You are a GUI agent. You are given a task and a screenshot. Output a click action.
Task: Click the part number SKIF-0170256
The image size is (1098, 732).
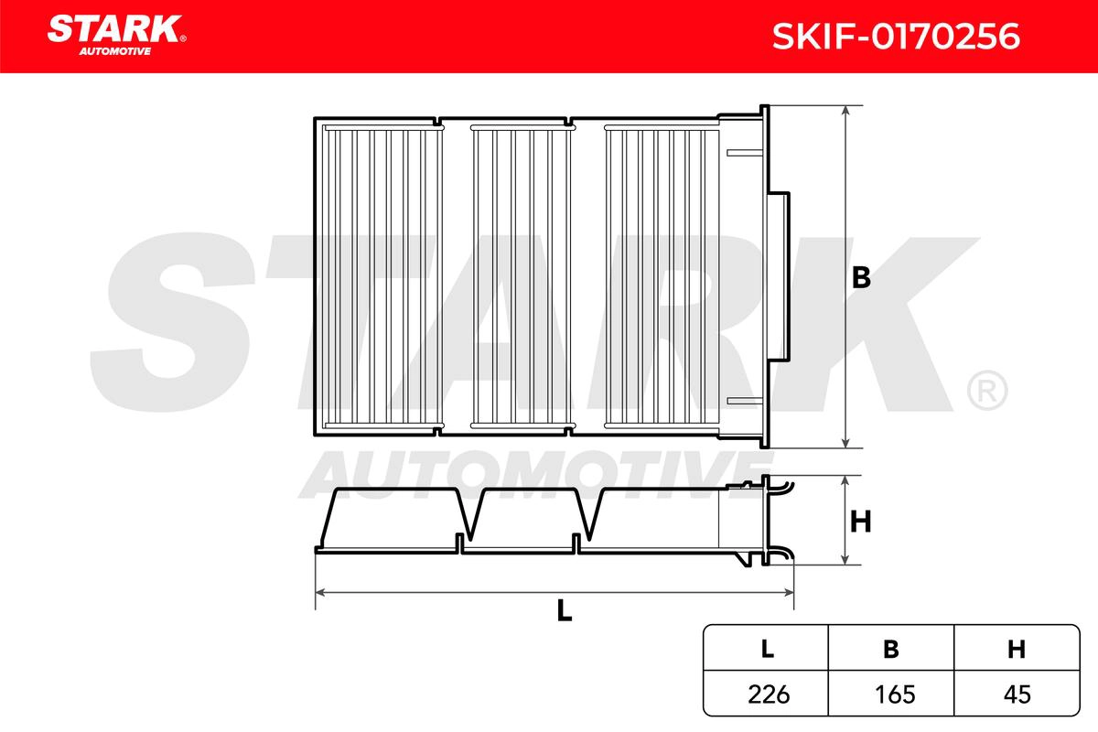[x=884, y=37]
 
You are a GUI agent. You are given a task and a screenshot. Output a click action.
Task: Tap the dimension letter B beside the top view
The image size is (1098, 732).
[x=860, y=278]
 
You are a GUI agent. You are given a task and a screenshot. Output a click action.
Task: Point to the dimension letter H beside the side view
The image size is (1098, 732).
[x=860, y=522]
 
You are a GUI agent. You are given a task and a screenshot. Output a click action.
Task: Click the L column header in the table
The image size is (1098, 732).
[x=766, y=649]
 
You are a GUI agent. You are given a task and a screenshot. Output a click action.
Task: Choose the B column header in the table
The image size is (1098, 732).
[x=890, y=649]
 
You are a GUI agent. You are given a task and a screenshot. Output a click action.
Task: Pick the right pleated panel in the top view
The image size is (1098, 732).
[x=661, y=277]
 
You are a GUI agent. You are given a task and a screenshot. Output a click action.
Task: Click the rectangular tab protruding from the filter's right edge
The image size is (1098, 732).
[x=780, y=277]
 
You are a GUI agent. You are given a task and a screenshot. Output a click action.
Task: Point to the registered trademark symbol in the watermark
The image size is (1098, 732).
[x=986, y=391]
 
